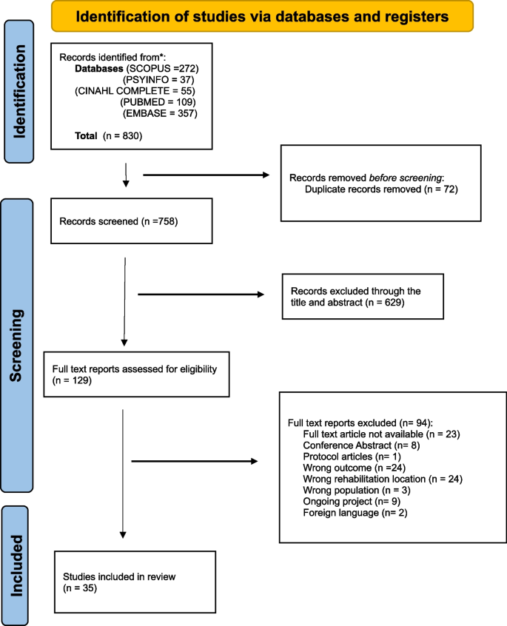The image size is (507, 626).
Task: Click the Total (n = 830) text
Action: (x=108, y=135)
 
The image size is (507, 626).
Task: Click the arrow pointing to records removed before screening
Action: (x=205, y=176)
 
